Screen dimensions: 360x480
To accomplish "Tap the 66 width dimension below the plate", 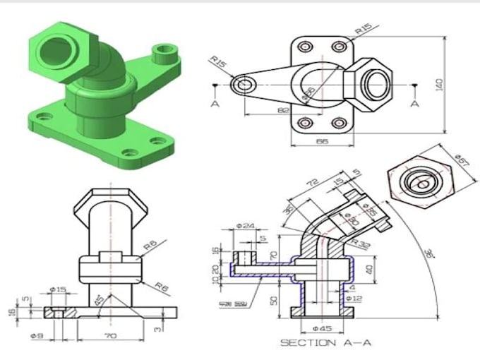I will point(322,142).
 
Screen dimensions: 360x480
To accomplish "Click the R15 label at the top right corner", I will point(364,30).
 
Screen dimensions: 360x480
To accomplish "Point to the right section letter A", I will point(415,103).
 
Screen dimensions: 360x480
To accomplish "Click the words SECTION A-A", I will point(326,343).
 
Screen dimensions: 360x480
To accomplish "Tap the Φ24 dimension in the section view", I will point(245,227).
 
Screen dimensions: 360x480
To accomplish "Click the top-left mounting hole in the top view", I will point(305,47).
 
